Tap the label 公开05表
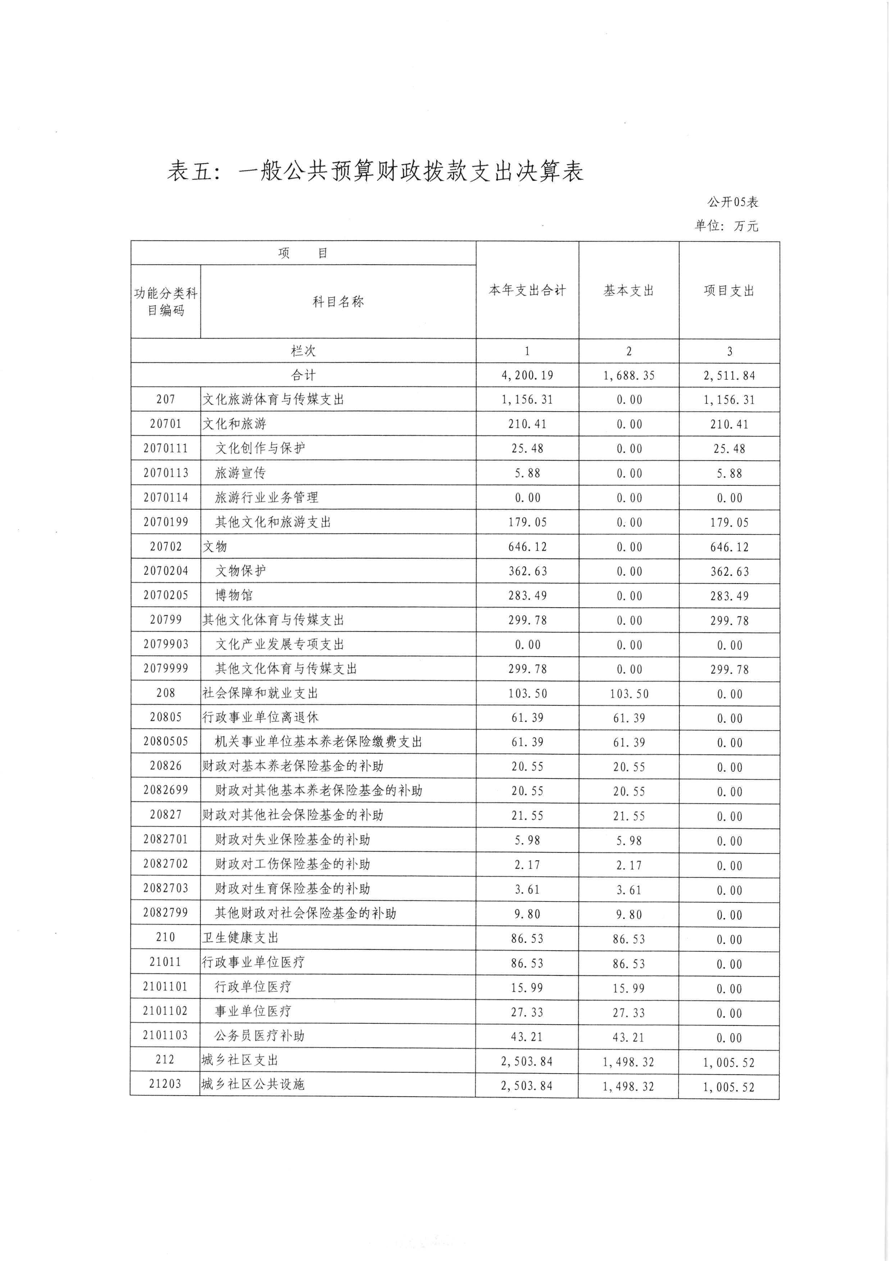click(732, 202)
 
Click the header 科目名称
click(338, 302)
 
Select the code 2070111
click(165, 448)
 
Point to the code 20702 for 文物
click(165, 547)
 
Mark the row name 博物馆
click(233, 595)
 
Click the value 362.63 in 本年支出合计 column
click(527, 571)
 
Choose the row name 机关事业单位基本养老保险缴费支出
click(319, 742)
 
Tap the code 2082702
click(165, 864)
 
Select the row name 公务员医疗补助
click(259, 1036)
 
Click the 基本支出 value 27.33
click(629, 1012)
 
